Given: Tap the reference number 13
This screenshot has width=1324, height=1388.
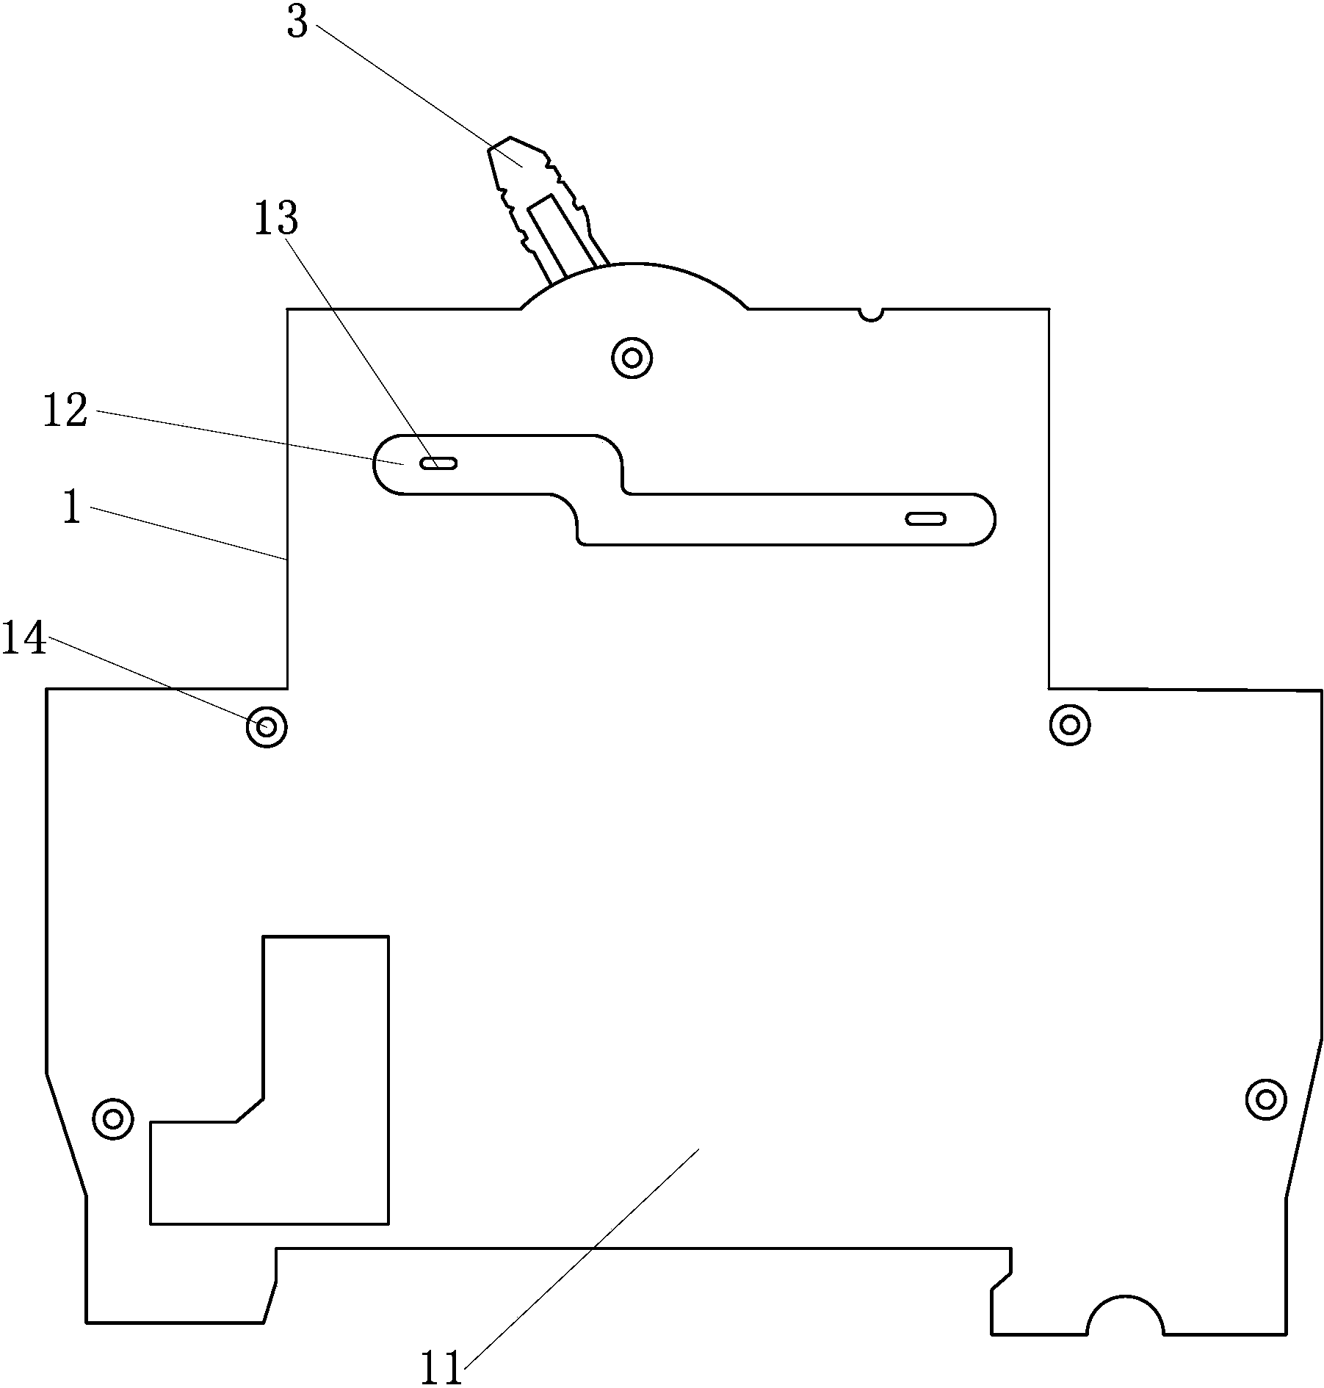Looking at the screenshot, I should pos(276,219).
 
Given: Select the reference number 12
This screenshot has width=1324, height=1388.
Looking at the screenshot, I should pos(65,411).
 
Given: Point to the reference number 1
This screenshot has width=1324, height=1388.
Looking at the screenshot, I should pos(71,507).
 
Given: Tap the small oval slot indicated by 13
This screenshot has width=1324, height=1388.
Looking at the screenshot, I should pos(438,463).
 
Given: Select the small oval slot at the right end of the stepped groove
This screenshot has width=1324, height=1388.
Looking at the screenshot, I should pos(925,519).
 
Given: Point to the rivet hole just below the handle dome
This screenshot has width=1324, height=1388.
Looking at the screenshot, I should pos(632,358).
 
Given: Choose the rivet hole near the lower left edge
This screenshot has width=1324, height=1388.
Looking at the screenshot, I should pos(113,1119).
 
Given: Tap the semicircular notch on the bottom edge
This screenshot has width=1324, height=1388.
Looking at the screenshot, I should pos(1125,1319).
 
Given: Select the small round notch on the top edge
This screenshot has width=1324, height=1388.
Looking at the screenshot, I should pos(871,314).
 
